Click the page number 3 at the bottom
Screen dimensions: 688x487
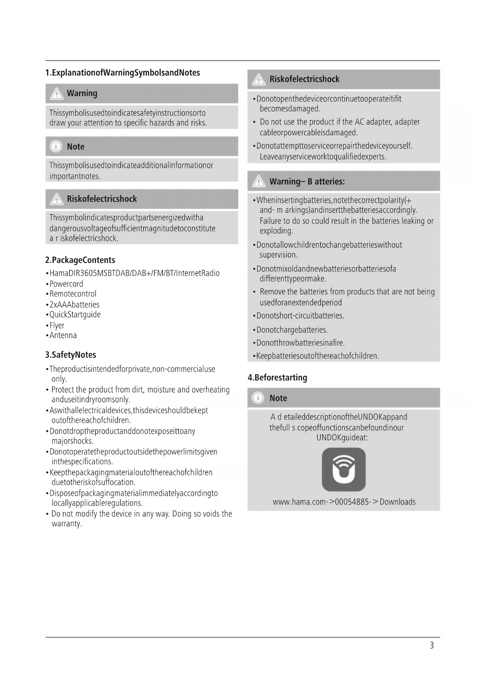click(x=432, y=645)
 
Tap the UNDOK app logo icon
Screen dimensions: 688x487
click(x=344, y=470)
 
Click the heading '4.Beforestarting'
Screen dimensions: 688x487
click(x=277, y=377)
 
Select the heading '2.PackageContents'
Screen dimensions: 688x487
click(x=80, y=260)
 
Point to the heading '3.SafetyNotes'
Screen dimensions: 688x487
click(x=71, y=355)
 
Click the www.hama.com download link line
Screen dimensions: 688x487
click(x=344, y=502)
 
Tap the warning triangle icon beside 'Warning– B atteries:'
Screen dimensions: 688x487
click(x=259, y=181)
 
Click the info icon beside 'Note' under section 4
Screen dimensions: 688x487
click(x=258, y=398)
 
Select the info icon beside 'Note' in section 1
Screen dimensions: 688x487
click(x=56, y=146)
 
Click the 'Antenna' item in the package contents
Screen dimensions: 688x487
click(x=63, y=335)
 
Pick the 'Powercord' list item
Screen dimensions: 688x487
click(x=66, y=284)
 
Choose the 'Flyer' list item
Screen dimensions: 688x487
click(x=57, y=325)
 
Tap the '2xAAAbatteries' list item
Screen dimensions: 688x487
click(x=74, y=304)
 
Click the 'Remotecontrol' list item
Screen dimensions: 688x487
click(x=73, y=294)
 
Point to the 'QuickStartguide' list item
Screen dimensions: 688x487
click(x=75, y=315)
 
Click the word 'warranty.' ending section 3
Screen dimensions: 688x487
click(x=67, y=524)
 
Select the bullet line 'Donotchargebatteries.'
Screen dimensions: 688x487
click(x=292, y=329)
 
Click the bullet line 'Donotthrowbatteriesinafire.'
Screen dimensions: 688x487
click(x=300, y=343)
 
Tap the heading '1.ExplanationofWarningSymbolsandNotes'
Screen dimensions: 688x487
click(x=122, y=73)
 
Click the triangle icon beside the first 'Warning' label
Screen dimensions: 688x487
click(x=57, y=93)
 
